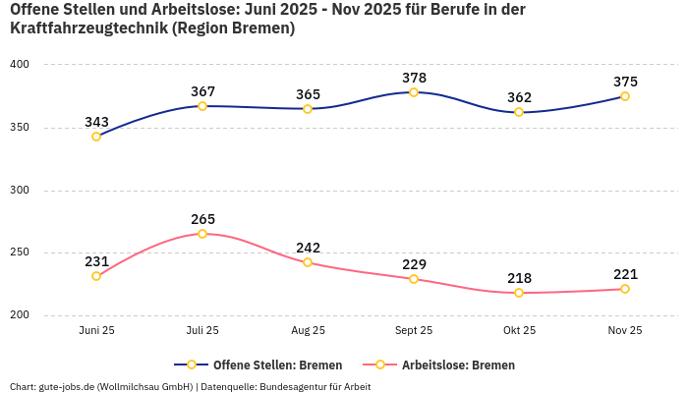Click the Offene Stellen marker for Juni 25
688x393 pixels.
(96, 137)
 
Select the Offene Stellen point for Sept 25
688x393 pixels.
(414, 92)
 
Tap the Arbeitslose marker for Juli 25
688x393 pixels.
(202, 234)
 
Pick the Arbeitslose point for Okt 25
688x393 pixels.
(519, 293)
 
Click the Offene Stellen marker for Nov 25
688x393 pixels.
(625, 96)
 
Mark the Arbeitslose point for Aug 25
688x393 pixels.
(308, 262)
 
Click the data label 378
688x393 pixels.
(414, 78)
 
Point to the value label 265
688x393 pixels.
(202, 219)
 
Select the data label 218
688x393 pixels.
(519, 278)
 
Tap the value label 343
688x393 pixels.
(96, 122)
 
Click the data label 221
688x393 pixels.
(625, 274)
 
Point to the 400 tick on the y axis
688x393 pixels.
(20, 65)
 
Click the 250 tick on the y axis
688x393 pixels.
(20, 253)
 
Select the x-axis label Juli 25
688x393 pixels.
(202, 330)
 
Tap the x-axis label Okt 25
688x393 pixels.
(519, 330)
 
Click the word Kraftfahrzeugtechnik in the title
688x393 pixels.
(87, 28)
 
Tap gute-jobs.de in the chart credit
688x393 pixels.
(68, 386)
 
